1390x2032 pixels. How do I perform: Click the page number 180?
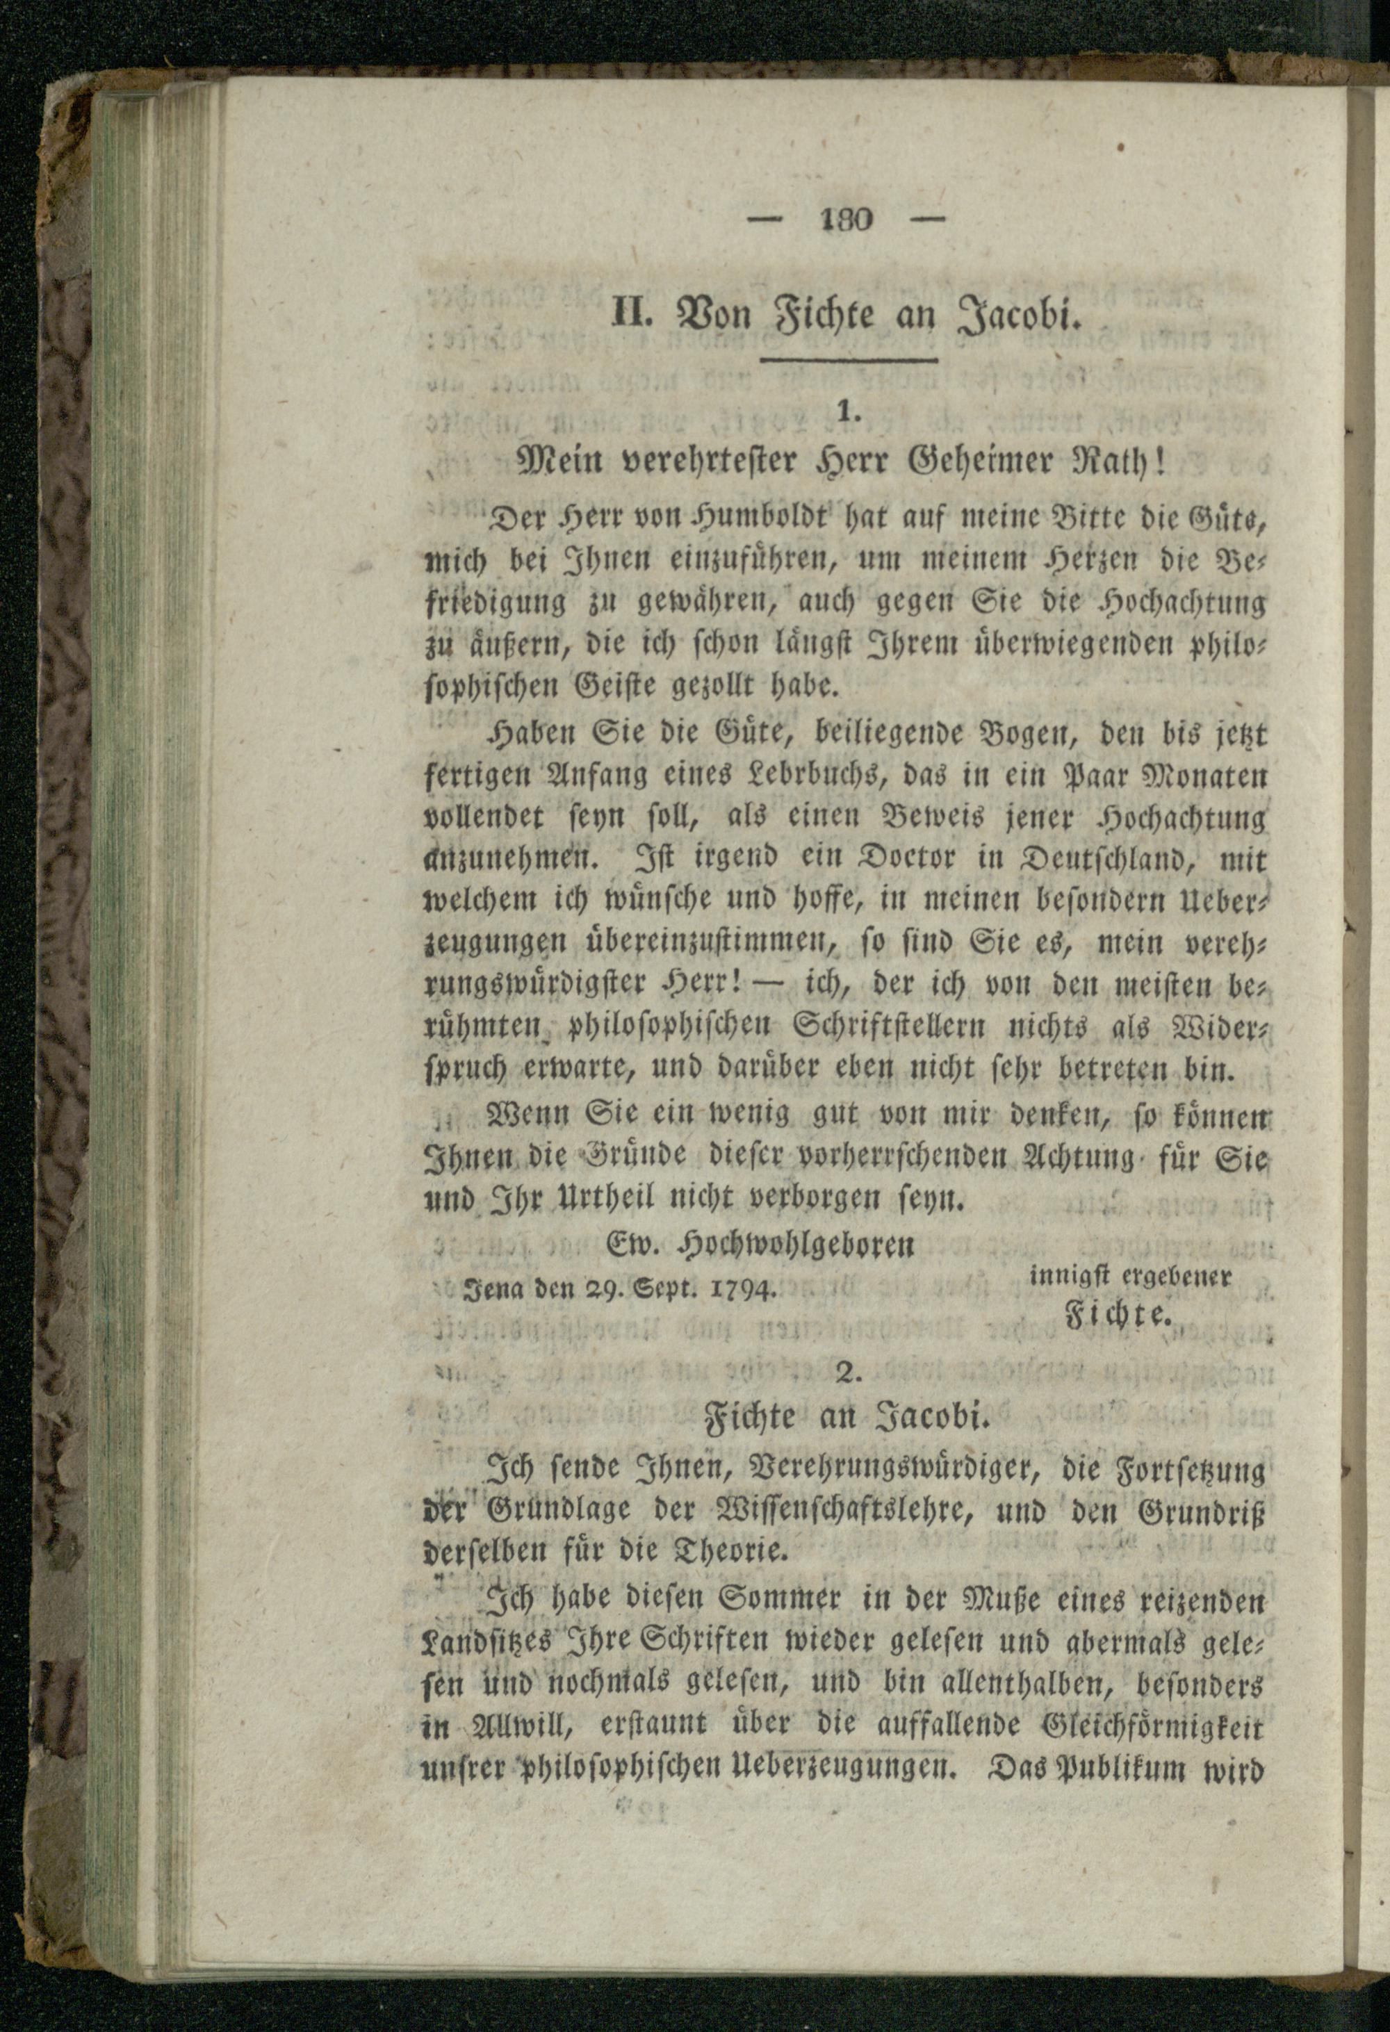coord(848,220)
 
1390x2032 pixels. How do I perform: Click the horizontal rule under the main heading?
coord(848,359)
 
